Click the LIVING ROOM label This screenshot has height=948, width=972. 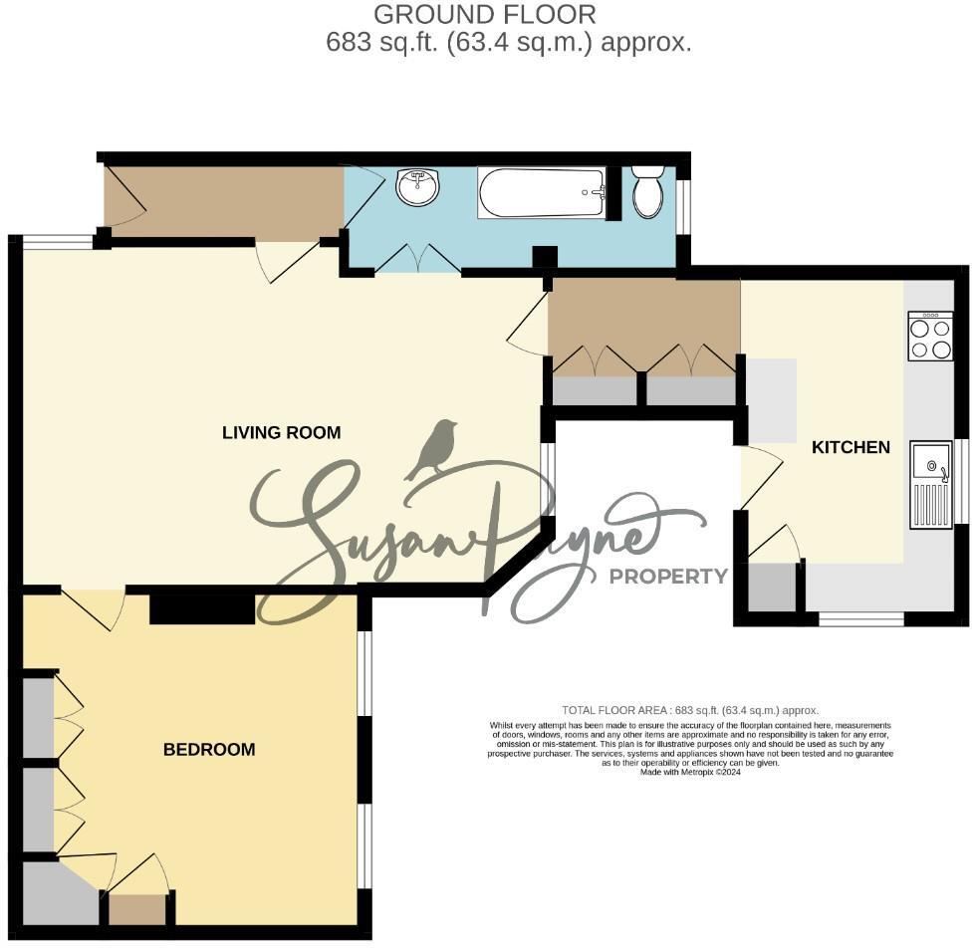pyautogui.click(x=281, y=432)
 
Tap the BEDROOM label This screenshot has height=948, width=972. pyautogui.click(x=209, y=750)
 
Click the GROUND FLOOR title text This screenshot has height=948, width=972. pyautogui.click(x=485, y=14)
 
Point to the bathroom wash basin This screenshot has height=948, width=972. pyautogui.click(x=417, y=186)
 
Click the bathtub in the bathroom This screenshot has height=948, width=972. pyautogui.click(x=541, y=192)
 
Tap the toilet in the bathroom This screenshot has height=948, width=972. pyautogui.click(x=647, y=191)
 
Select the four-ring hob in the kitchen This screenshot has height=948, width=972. pyautogui.click(x=930, y=337)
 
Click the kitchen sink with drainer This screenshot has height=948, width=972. pyautogui.click(x=931, y=486)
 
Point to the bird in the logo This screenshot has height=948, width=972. pyautogui.click(x=435, y=450)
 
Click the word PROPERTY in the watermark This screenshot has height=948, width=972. pyautogui.click(x=668, y=576)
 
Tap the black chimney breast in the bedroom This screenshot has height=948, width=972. pyautogui.click(x=202, y=608)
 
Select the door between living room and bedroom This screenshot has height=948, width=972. pyautogui.click(x=94, y=605)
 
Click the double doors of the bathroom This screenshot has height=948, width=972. pyautogui.click(x=417, y=259)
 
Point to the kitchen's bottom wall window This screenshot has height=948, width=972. pyautogui.click(x=861, y=619)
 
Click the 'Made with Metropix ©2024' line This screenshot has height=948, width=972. pyautogui.click(x=689, y=772)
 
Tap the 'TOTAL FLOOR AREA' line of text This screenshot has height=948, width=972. pyautogui.click(x=689, y=710)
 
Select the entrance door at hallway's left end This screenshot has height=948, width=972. pyautogui.click(x=124, y=196)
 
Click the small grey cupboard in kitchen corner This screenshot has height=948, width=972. pyautogui.click(x=772, y=588)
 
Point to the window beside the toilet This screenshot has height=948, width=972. pyautogui.click(x=683, y=207)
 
